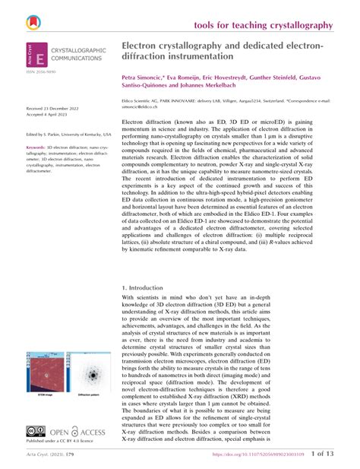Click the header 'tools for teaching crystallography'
[x=263, y=25]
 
